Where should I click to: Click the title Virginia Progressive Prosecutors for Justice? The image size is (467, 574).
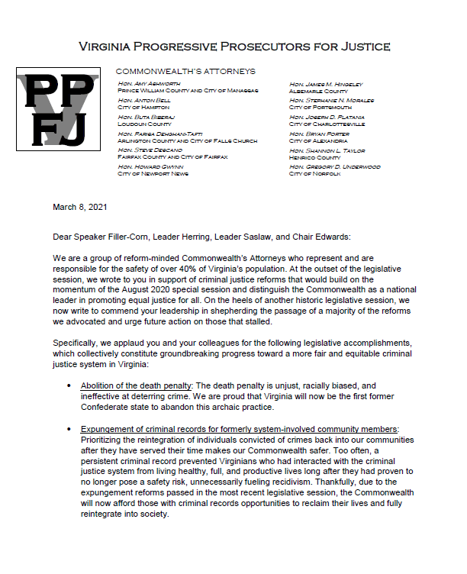click(234, 47)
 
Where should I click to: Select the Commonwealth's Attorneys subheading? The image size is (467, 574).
click(185, 71)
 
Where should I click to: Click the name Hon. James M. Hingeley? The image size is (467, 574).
click(326, 83)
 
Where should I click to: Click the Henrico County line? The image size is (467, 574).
click(314, 157)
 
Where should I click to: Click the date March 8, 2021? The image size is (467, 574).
click(79, 207)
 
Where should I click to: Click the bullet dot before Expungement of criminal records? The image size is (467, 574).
click(69, 430)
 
